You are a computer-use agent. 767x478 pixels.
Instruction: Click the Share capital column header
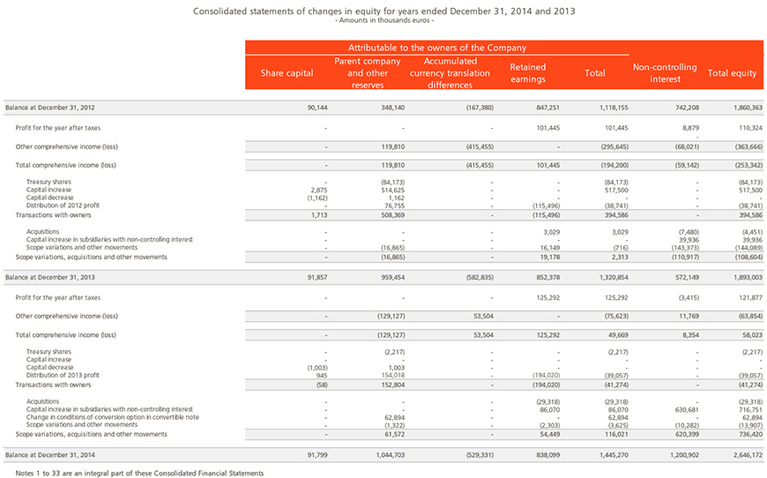(x=287, y=73)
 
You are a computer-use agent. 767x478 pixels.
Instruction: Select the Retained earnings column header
(x=528, y=73)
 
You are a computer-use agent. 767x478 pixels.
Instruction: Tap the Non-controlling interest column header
(x=665, y=73)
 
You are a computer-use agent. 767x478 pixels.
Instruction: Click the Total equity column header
(x=732, y=73)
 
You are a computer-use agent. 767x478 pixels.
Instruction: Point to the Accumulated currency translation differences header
(x=450, y=73)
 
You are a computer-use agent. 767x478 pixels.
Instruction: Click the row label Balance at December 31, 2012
(x=50, y=108)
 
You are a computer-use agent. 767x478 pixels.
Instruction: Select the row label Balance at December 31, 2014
(x=50, y=455)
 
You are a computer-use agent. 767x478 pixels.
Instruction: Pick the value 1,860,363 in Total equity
(x=748, y=108)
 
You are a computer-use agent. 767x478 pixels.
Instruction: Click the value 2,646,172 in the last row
(x=748, y=455)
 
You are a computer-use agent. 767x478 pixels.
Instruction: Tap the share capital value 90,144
(x=317, y=108)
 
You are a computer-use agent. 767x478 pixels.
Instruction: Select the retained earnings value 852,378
(x=547, y=278)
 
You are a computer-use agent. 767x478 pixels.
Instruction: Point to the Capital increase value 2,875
(x=319, y=190)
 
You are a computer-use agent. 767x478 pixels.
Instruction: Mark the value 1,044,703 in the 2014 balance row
(x=391, y=455)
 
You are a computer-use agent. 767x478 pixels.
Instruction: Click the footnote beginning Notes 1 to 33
(x=139, y=473)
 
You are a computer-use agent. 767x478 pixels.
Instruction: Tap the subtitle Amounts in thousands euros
(x=384, y=20)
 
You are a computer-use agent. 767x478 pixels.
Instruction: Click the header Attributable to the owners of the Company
(x=437, y=48)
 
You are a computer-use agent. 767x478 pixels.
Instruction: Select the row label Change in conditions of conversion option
(x=113, y=417)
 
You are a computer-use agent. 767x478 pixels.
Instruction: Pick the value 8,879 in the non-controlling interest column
(x=689, y=128)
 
